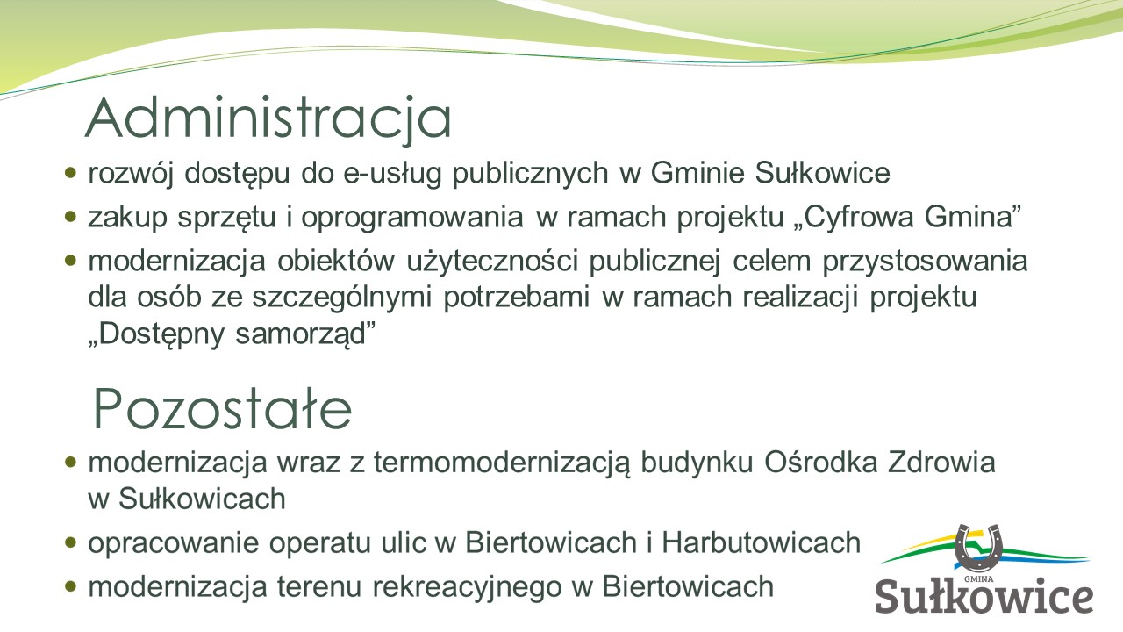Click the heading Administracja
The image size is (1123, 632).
coord(268,118)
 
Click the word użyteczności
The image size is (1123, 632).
coord(492,262)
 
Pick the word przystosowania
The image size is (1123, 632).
coord(925,262)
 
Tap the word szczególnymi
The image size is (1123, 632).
coord(341,298)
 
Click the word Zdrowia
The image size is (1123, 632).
coord(941,463)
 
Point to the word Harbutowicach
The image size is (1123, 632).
coord(761,542)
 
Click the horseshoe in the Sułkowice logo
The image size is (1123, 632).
coord(978,548)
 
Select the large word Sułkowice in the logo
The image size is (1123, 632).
coord(984,595)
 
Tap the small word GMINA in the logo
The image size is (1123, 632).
coord(978,578)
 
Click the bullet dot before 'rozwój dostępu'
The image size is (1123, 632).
coord(71,173)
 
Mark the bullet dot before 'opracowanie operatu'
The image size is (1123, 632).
coord(71,542)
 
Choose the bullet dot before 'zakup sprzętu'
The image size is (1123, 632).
coord(71,217)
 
